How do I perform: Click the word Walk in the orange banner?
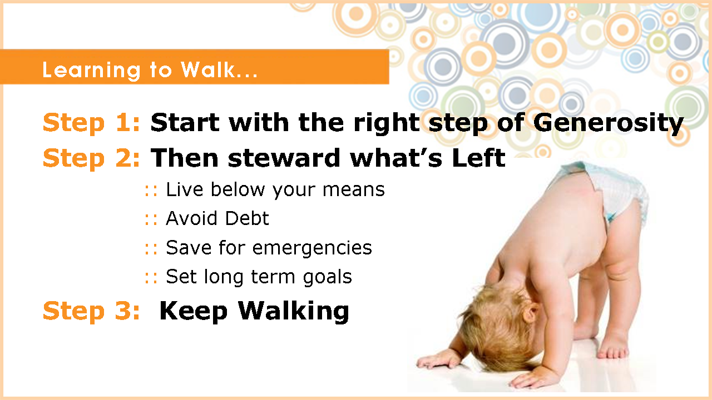coord(208,69)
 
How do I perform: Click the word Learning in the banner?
coord(91,71)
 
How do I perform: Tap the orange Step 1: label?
coord(91,123)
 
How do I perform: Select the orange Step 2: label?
coord(91,159)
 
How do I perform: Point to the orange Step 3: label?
coord(91,312)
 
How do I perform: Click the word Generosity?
coord(609,123)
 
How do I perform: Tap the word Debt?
coord(247,218)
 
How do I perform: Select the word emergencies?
coord(312,248)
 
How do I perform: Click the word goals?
coord(328,277)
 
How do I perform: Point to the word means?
coord(353,191)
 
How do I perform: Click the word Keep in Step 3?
coord(193,312)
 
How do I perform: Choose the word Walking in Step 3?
coord(294,312)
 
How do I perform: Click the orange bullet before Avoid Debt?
coord(151,219)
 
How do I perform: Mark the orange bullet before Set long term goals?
coord(151,278)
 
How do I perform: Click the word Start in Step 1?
coord(185,123)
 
